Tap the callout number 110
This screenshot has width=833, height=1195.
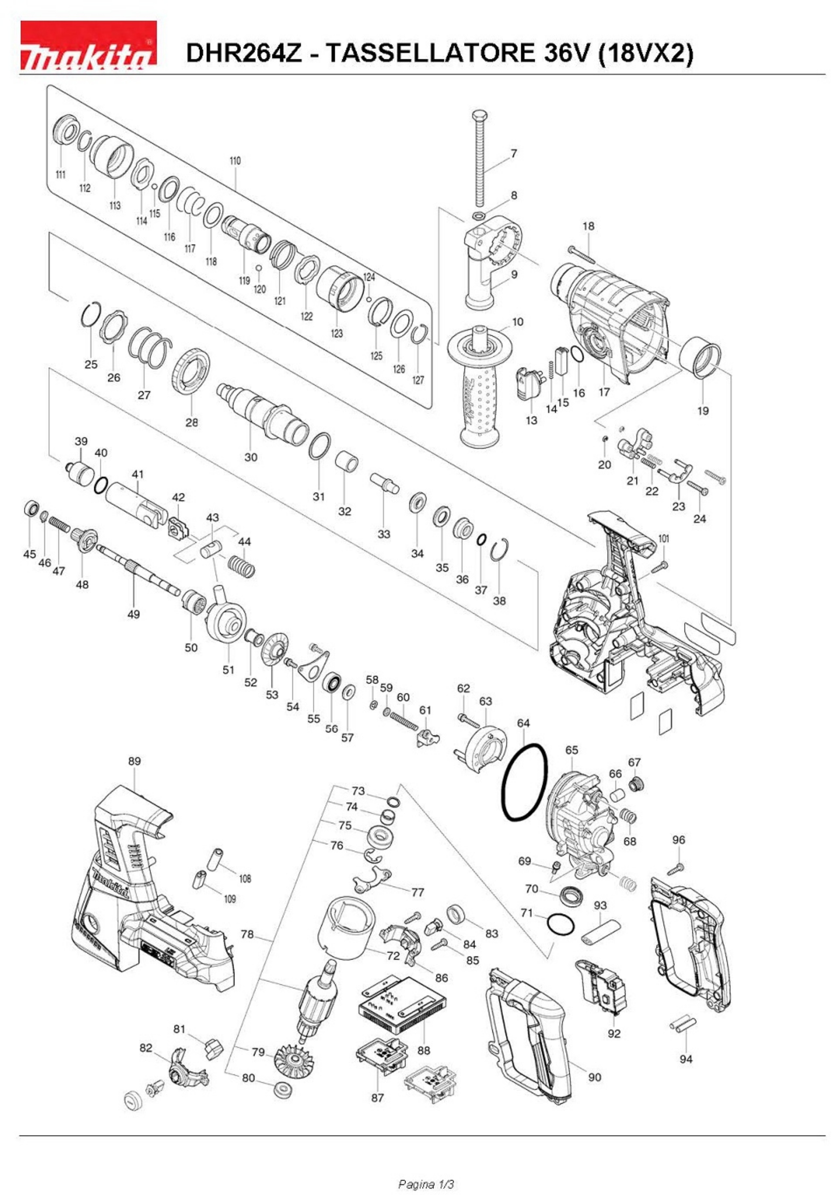click(235, 161)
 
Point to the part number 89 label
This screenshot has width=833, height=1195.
click(134, 761)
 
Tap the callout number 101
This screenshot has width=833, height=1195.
click(664, 539)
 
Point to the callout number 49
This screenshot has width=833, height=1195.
click(133, 614)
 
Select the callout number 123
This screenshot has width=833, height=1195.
click(337, 333)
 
